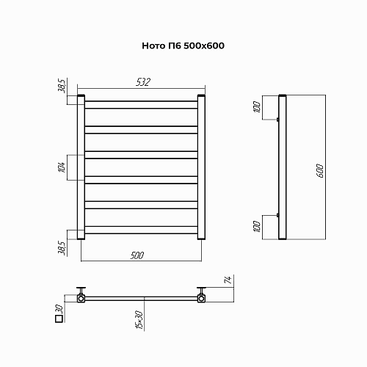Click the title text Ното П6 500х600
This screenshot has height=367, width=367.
(x=183, y=46)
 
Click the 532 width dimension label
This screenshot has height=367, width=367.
(x=143, y=82)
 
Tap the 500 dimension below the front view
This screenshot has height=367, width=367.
(x=137, y=255)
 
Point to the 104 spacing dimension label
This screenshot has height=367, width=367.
(x=62, y=167)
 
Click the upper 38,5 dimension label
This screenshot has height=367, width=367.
(x=62, y=86)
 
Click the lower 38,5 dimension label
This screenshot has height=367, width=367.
(x=62, y=248)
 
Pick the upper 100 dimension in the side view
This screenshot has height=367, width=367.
(x=257, y=106)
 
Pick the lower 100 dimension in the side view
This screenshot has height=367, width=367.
(x=257, y=227)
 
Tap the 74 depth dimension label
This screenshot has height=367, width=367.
(x=228, y=280)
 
